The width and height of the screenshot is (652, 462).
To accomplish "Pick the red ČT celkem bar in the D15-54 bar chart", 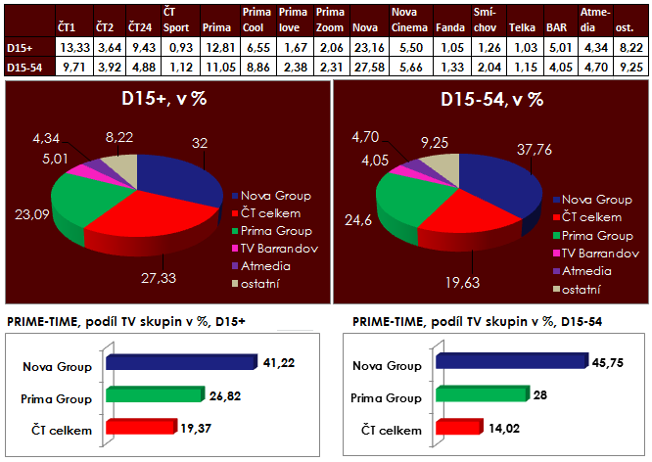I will (455, 426).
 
